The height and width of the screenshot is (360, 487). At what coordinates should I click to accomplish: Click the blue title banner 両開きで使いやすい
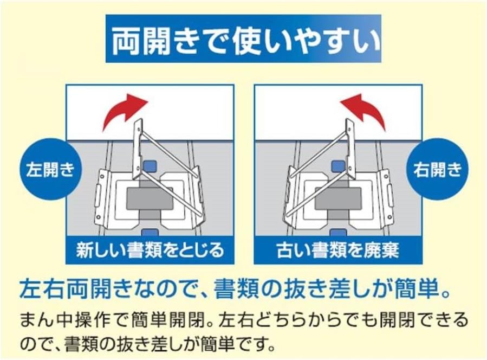(x=244, y=38)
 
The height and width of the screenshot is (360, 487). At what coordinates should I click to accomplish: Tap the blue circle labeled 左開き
(x=50, y=170)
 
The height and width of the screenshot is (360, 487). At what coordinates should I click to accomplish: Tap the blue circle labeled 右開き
(x=437, y=170)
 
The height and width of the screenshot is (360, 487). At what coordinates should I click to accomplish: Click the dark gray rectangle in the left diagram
(x=150, y=198)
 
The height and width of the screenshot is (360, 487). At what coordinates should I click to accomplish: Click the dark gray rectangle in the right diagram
(x=338, y=198)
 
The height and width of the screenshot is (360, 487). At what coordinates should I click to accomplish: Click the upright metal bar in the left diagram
(x=137, y=150)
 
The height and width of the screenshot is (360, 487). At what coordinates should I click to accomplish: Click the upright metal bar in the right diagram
(x=350, y=150)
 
